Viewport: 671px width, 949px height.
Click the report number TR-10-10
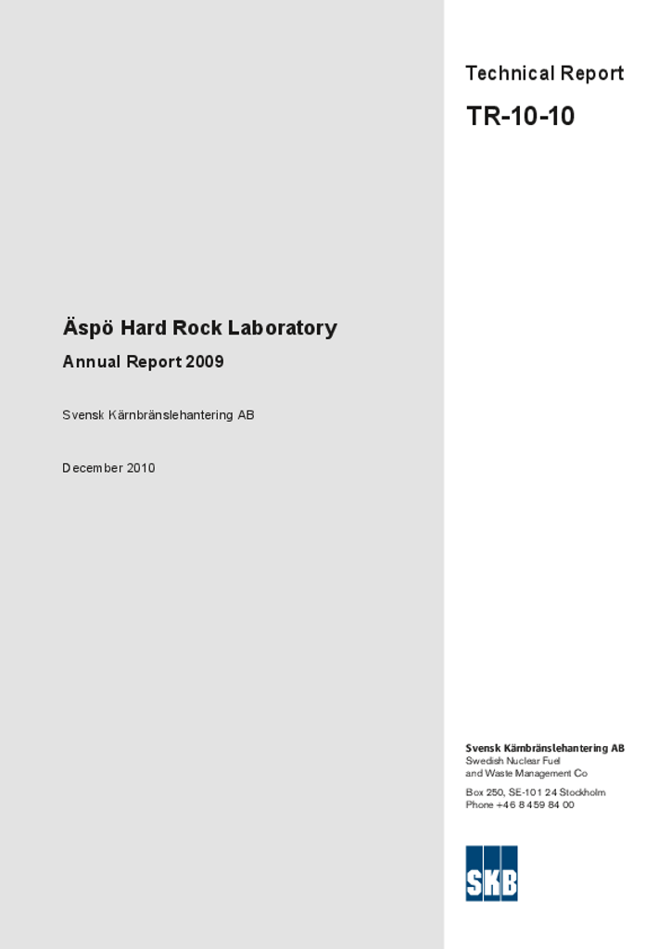tap(520, 117)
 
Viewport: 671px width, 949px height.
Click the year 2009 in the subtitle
tap(204, 362)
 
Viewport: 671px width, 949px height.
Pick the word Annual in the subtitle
tap(92, 362)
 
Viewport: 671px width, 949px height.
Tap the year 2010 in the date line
tap(141, 468)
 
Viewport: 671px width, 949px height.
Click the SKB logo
tap(491, 873)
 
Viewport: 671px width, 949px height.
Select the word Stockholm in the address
tap(582, 792)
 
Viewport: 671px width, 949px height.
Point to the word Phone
tap(479, 804)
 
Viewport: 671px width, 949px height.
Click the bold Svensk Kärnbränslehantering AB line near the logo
tap(544, 748)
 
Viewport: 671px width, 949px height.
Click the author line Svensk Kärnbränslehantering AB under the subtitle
tap(158, 415)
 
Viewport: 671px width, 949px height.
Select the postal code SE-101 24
tap(532, 792)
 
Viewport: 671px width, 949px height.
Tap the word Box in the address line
tap(475, 792)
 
